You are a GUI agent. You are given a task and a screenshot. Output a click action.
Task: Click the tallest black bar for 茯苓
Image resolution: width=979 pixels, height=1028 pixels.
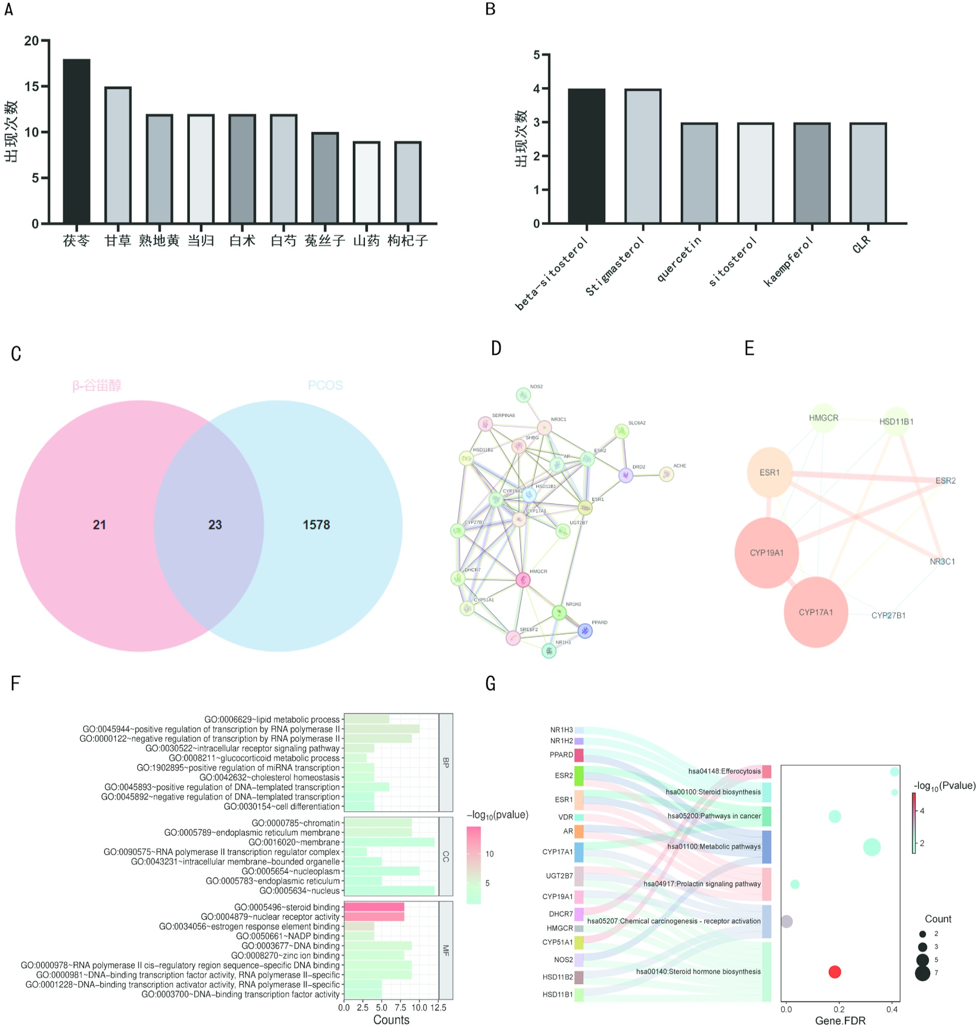tap(76, 141)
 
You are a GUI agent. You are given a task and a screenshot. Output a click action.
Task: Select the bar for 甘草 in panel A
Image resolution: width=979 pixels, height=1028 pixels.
tap(118, 155)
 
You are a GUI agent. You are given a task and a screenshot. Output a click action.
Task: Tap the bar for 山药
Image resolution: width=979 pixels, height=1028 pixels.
tap(366, 182)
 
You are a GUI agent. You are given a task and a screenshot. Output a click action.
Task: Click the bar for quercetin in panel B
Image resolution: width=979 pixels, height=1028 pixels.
tap(699, 173)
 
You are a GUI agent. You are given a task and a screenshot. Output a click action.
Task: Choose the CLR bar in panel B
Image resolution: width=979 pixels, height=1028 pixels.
tap(868, 173)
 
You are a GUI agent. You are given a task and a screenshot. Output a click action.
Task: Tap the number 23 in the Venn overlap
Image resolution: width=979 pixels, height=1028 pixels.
tap(215, 525)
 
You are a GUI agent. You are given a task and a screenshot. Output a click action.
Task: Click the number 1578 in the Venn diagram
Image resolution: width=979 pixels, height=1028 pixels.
tap(316, 525)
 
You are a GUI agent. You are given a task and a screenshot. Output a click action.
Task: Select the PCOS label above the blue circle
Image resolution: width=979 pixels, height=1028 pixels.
tap(325, 386)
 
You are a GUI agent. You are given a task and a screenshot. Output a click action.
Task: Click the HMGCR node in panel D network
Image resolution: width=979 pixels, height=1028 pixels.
tap(523, 579)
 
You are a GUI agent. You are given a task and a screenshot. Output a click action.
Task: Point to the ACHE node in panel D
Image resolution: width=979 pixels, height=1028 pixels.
tap(666, 474)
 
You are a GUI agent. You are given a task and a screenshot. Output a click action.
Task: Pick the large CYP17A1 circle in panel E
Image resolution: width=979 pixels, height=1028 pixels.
tap(816, 612)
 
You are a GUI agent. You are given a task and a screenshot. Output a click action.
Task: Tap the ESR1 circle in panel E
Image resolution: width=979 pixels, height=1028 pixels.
tap(770, 473)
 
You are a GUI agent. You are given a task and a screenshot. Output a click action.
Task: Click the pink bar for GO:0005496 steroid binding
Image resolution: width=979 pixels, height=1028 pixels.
tap(374, 908)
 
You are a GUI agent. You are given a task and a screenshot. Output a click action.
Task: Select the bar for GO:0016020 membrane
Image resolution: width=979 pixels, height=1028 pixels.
tap(389, 843)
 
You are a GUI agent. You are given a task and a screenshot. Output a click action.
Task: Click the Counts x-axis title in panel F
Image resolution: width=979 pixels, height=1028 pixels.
tap(391, 1020)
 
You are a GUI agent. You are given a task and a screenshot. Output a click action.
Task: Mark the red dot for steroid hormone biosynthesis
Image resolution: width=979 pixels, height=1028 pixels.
tap(835, 972)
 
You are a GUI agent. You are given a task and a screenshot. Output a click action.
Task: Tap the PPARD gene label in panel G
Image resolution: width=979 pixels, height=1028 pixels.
tap(561, 754)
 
